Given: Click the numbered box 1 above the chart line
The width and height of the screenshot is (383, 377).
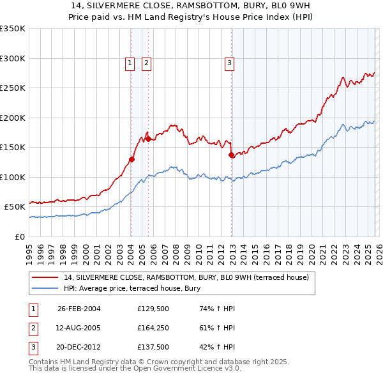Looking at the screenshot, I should coord(130,63).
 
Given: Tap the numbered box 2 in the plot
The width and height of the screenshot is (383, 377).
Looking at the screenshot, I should coord(146,63).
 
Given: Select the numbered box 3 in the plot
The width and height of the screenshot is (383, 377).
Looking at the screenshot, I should coord(229,63).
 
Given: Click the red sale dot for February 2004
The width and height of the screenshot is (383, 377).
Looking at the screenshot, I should coord(132,159).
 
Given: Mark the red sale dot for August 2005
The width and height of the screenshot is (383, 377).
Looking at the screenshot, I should coord(148,139).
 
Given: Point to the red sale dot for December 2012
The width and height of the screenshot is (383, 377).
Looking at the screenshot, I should coord(231,155).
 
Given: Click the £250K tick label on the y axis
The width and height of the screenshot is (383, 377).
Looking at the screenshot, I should coord(12,88).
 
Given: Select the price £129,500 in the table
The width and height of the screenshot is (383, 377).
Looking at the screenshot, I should coord(153,309).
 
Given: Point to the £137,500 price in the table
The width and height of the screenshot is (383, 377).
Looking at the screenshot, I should coord(153,348).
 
